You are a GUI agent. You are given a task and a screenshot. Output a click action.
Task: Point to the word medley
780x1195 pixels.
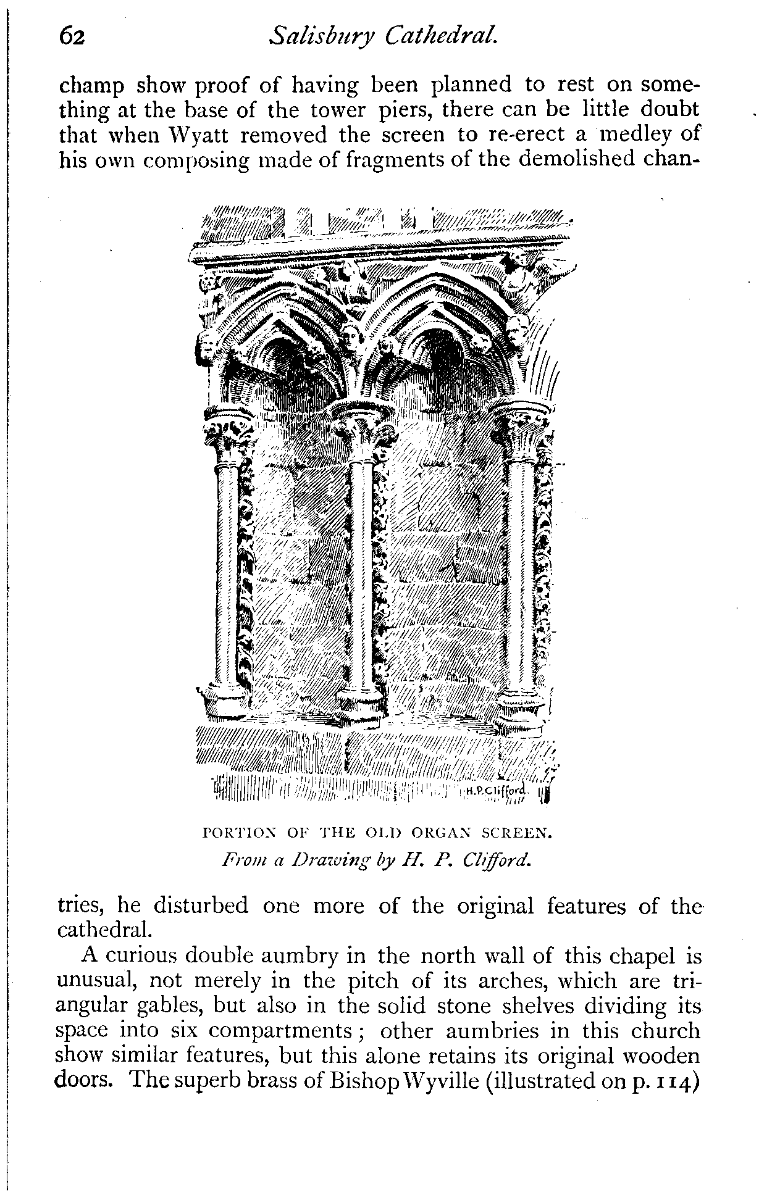[629, 135]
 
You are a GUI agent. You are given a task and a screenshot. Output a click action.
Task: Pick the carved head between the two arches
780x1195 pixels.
[352, 335]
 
